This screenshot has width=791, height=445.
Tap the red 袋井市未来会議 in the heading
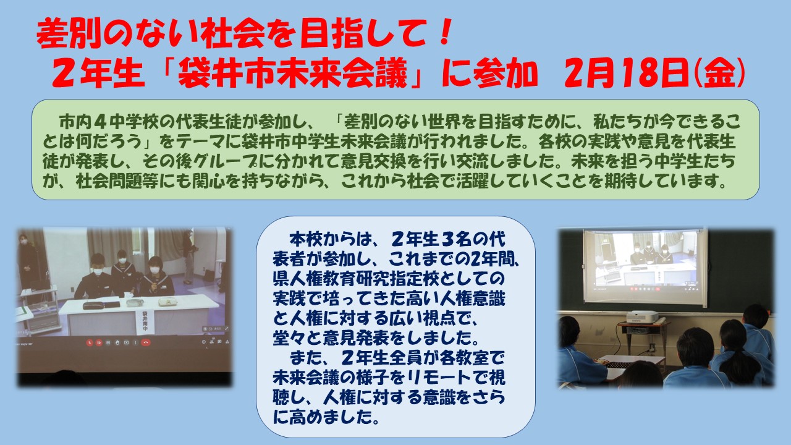pos(293,75)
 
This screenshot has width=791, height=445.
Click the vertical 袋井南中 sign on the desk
pos(145,322)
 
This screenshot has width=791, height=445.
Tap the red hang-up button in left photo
pos(145,342)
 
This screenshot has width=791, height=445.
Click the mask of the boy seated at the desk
pos(98,271)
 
